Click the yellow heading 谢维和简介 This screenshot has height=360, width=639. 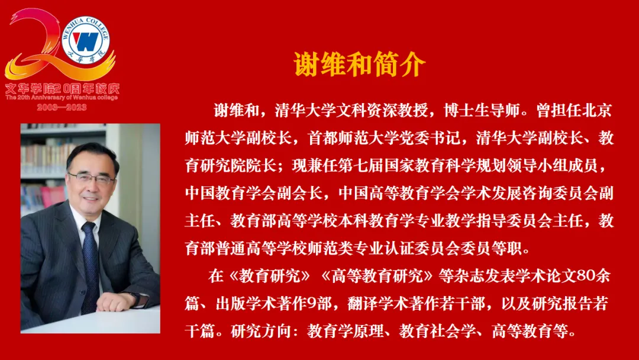click(x=360, y=65)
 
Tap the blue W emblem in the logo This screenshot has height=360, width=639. click(x=86, y=41)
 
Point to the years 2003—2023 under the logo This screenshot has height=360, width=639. click(x=62, y=107)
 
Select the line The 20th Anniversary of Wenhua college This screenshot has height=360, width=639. click(x=62, y=98)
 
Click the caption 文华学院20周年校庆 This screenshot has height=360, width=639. click(x=62, y=88)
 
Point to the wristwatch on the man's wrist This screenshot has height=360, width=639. click(x=136, y=299)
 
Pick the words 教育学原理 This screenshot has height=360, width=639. click(x=345, y=331)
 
